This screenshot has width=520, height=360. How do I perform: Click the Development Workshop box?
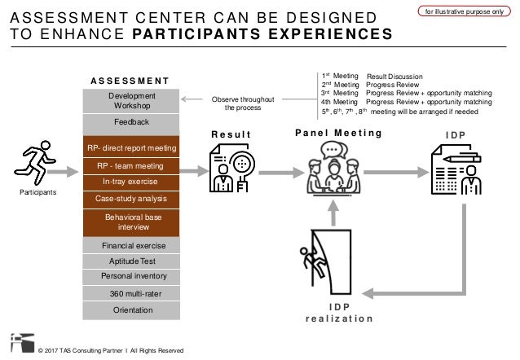coord(131,100)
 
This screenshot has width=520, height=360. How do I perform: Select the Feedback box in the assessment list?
coord(131,121)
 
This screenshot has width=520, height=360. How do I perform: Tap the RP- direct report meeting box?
coord(131,147)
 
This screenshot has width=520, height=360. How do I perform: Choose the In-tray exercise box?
coord(131,182)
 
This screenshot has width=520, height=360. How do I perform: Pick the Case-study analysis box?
coord(131,198)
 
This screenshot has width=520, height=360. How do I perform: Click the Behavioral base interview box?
coord(131,222)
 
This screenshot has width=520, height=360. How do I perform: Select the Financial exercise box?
coord(131,245)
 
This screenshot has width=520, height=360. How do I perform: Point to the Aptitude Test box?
coord(131,261)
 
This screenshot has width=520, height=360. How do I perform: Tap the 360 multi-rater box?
coord(131,292)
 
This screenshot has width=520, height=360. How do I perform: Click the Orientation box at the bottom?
coord(131,309)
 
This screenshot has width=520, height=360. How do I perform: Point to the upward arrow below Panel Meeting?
coord(332,211)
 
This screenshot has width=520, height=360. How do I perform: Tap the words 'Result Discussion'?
coord(394,77)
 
